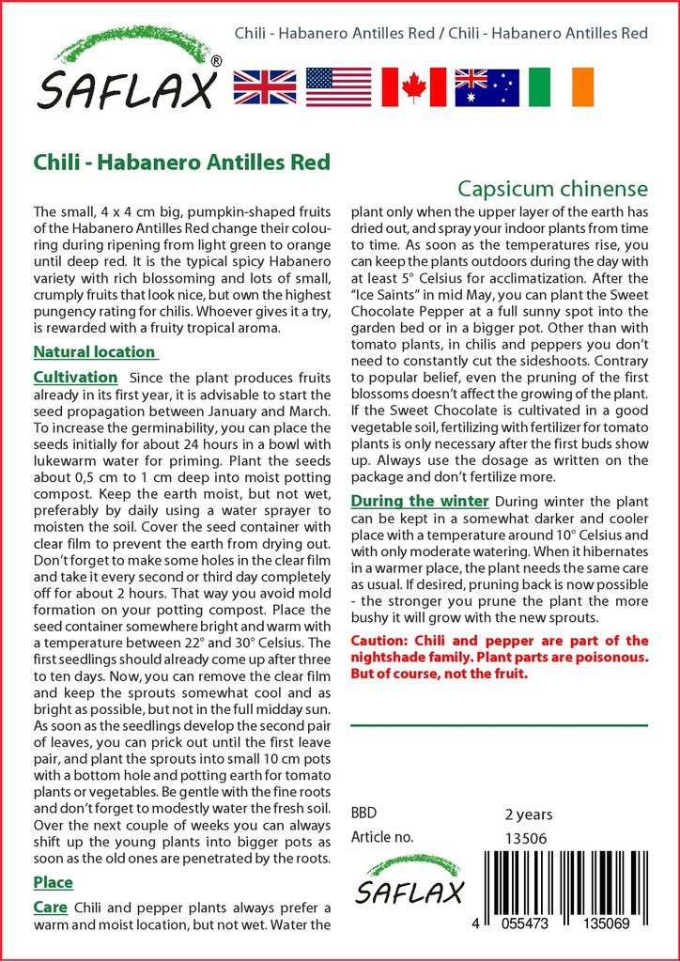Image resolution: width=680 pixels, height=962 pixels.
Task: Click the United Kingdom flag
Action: click(x=264, y=86)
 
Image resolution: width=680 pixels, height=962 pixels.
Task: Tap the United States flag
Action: click(x=338, y=86)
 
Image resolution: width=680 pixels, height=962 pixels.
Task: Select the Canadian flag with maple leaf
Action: click(x=412, y=86)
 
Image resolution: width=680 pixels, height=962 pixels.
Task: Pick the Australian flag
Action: click(x=487, y=86)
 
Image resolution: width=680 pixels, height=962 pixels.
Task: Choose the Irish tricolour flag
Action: click(x=562, y=86)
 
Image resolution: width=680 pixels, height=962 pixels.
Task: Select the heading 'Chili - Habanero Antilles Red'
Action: click(x=181, y=162)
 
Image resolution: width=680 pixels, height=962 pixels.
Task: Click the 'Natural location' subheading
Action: click(x=94, y=352)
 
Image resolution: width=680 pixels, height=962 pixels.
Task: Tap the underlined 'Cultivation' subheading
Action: click(x=75, y=377)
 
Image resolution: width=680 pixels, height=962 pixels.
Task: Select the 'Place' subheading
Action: click(x=53, y=883)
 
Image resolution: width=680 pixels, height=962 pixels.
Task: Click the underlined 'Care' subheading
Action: click(x=50, y=908)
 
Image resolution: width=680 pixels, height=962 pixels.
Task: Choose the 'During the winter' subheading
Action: click(x=419, y=501)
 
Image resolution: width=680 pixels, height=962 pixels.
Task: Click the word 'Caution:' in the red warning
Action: click(x=379, y=641)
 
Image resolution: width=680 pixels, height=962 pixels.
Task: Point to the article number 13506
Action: click(x=526, y=838)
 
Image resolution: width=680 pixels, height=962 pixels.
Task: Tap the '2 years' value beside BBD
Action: click(x=529, y=814)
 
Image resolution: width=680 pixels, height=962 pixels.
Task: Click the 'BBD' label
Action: click(x=364, y=814)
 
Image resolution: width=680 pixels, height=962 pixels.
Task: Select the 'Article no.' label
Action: click(x=381, y=838)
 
